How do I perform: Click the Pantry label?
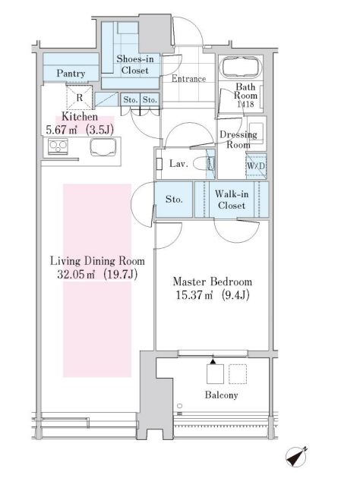coord(71,74)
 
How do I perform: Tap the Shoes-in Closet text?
coord(135,64)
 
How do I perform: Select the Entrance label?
coord(188,79)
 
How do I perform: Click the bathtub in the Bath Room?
coord(241,68)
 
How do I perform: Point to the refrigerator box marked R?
coord(79,97)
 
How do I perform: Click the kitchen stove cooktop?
coord(58,146)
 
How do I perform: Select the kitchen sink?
coord(103,147)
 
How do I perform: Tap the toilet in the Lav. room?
coord(204,164)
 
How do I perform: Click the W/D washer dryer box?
coord(256,166)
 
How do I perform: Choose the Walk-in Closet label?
coord(232,200)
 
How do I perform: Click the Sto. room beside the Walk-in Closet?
coord(174,200)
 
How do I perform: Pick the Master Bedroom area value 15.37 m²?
coord(194,295)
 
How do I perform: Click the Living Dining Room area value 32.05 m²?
coord(76,275)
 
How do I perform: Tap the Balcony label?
coord(221,395)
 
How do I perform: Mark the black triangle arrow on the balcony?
coord(213,361)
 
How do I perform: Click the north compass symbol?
coord(296,457)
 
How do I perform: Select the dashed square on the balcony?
coord(238,374)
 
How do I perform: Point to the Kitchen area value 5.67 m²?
coord(61,131)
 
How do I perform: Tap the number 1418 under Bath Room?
coord(245,104)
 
